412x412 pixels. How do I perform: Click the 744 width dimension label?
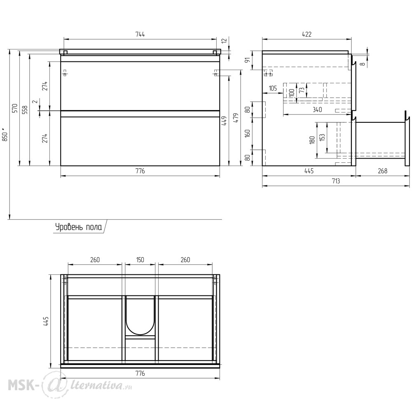click(140, 35)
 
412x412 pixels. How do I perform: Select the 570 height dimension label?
click(15, 108)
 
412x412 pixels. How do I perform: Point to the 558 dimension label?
click(25, 110)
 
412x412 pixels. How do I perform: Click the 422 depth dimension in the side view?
click(307, 35)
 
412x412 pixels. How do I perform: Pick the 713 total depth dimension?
click(336, 181)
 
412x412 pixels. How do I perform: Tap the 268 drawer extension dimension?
click(383, 171)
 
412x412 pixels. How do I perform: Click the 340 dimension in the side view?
click(317, 110)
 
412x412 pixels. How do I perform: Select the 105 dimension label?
click(273, 88)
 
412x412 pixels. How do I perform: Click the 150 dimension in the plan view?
click(140, 260)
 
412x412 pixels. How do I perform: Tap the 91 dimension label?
click(247, 60)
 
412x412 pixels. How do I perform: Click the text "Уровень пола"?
click(79, 227)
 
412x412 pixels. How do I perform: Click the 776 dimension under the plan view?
click(140, 373)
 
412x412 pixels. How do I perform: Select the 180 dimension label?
click(312, 140)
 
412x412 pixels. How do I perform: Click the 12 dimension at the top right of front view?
click(224, 41)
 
